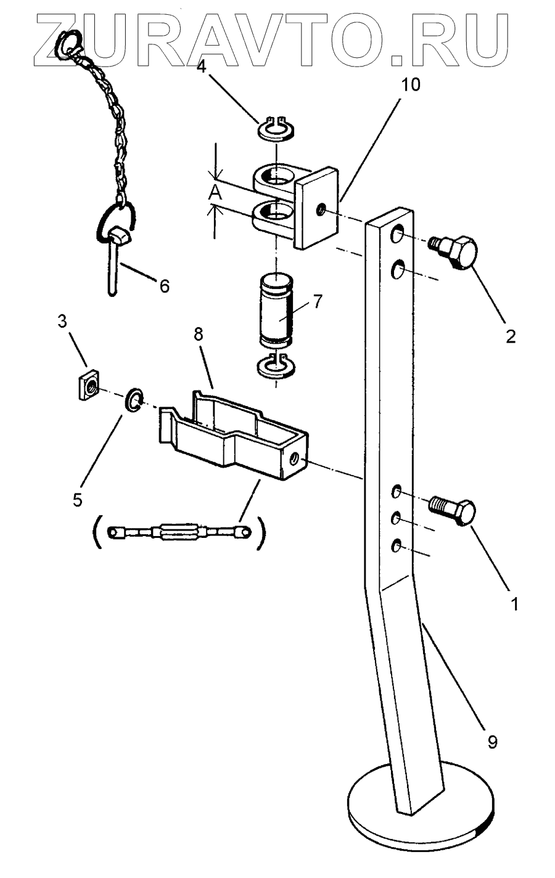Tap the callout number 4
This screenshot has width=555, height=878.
(201, 67)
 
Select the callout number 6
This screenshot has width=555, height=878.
(165, 286)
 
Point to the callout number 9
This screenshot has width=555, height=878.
(492, 742)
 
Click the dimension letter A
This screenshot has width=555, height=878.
(215, 192)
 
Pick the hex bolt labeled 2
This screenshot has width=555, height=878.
(454, 251)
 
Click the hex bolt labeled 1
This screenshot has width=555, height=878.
(453, 511)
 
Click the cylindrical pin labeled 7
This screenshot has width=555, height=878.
(276, 312)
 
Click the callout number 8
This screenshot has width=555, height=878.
(199, 335)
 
